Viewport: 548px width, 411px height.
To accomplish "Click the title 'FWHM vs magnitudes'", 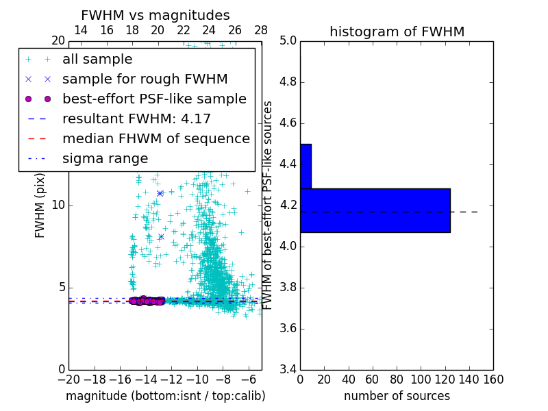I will pyautogui.click(x=155, y=15).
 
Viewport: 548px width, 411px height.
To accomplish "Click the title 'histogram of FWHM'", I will pyautogui.click(x=397, y=32).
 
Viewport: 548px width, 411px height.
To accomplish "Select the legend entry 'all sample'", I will pyautogui.click(x=97, y=60).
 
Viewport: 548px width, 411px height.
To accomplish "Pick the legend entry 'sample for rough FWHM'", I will pyautogui.click(x=145, y=79).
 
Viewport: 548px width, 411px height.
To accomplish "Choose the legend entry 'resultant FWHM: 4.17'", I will pyautogui.click(x=136, y=119).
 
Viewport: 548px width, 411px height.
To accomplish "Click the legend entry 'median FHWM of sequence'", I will pyautogui.click(x=155, y=139).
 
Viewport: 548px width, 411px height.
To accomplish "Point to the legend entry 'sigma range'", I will pyautogui.click(x=105, y=159).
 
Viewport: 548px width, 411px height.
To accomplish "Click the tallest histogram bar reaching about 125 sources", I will pyautogui.click(x=375, y=210).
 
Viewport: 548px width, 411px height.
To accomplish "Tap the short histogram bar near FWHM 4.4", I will pyautogui.click(x=306, y=166).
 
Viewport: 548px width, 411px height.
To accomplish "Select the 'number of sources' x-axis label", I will pyautogui.click(x=397, y=396).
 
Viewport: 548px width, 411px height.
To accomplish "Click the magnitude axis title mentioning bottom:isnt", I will pyautogui.click(x=165, y=396).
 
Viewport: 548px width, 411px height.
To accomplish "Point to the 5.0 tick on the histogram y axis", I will pyautogui.click(x=288, y=41).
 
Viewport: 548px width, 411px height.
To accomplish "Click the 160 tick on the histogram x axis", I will pyautogui.click(x=493, y=379).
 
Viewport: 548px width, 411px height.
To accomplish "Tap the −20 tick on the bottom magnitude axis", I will pyautogui.click(x=68, y=379).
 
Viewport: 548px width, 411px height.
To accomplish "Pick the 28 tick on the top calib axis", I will pyautogui.click(x=261, y=30).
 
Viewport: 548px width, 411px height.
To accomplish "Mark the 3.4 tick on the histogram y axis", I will pyautogui.click(x=288, y=369).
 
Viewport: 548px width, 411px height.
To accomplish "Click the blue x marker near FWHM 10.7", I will pyautogui.click(x=160, y=193).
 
